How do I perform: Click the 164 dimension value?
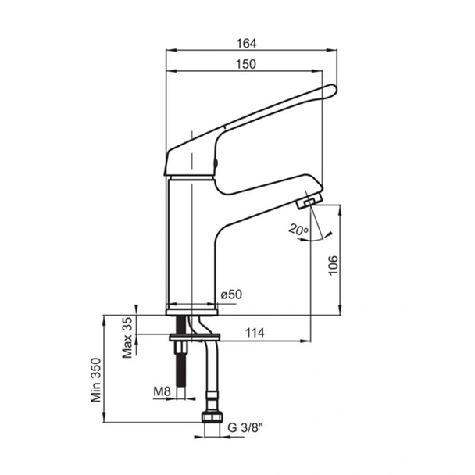coord(246,44)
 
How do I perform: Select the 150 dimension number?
coord(246,64)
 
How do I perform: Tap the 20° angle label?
coord(298,230)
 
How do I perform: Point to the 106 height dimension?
coord(334,265)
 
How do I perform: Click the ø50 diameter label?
coord(231,295)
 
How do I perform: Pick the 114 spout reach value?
coord(255,333)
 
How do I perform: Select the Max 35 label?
coord(127,337)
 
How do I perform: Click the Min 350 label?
coord(96,380)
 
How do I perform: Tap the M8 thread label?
coord(162,391)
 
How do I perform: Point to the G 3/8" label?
coord(245,428)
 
